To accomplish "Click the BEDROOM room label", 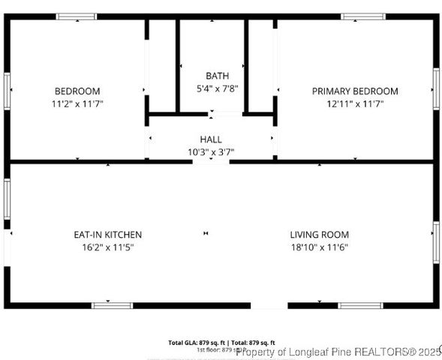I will (x=77, y=91).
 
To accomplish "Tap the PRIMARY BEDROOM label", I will (x=355, y=91).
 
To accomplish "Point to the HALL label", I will (x=211, y=139).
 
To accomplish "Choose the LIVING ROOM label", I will (x=319, y=235).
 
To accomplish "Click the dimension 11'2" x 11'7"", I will (x=77, y=104).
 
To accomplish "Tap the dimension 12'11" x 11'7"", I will (x=355, y=104).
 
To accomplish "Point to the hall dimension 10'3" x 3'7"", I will (x=211, y=151).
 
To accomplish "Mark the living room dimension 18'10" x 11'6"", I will (x=319, y=247).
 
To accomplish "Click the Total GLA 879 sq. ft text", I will (x=194, y=342).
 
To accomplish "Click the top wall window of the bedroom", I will (x=77, y=16).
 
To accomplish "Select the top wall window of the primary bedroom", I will (x=363, y=16).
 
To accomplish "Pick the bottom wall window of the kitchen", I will (x=112, y=305).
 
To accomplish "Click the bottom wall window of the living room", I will (x=359, y=305).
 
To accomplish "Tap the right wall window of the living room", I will (x=435, y=241).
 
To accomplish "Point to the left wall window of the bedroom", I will (x=7, y=90).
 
